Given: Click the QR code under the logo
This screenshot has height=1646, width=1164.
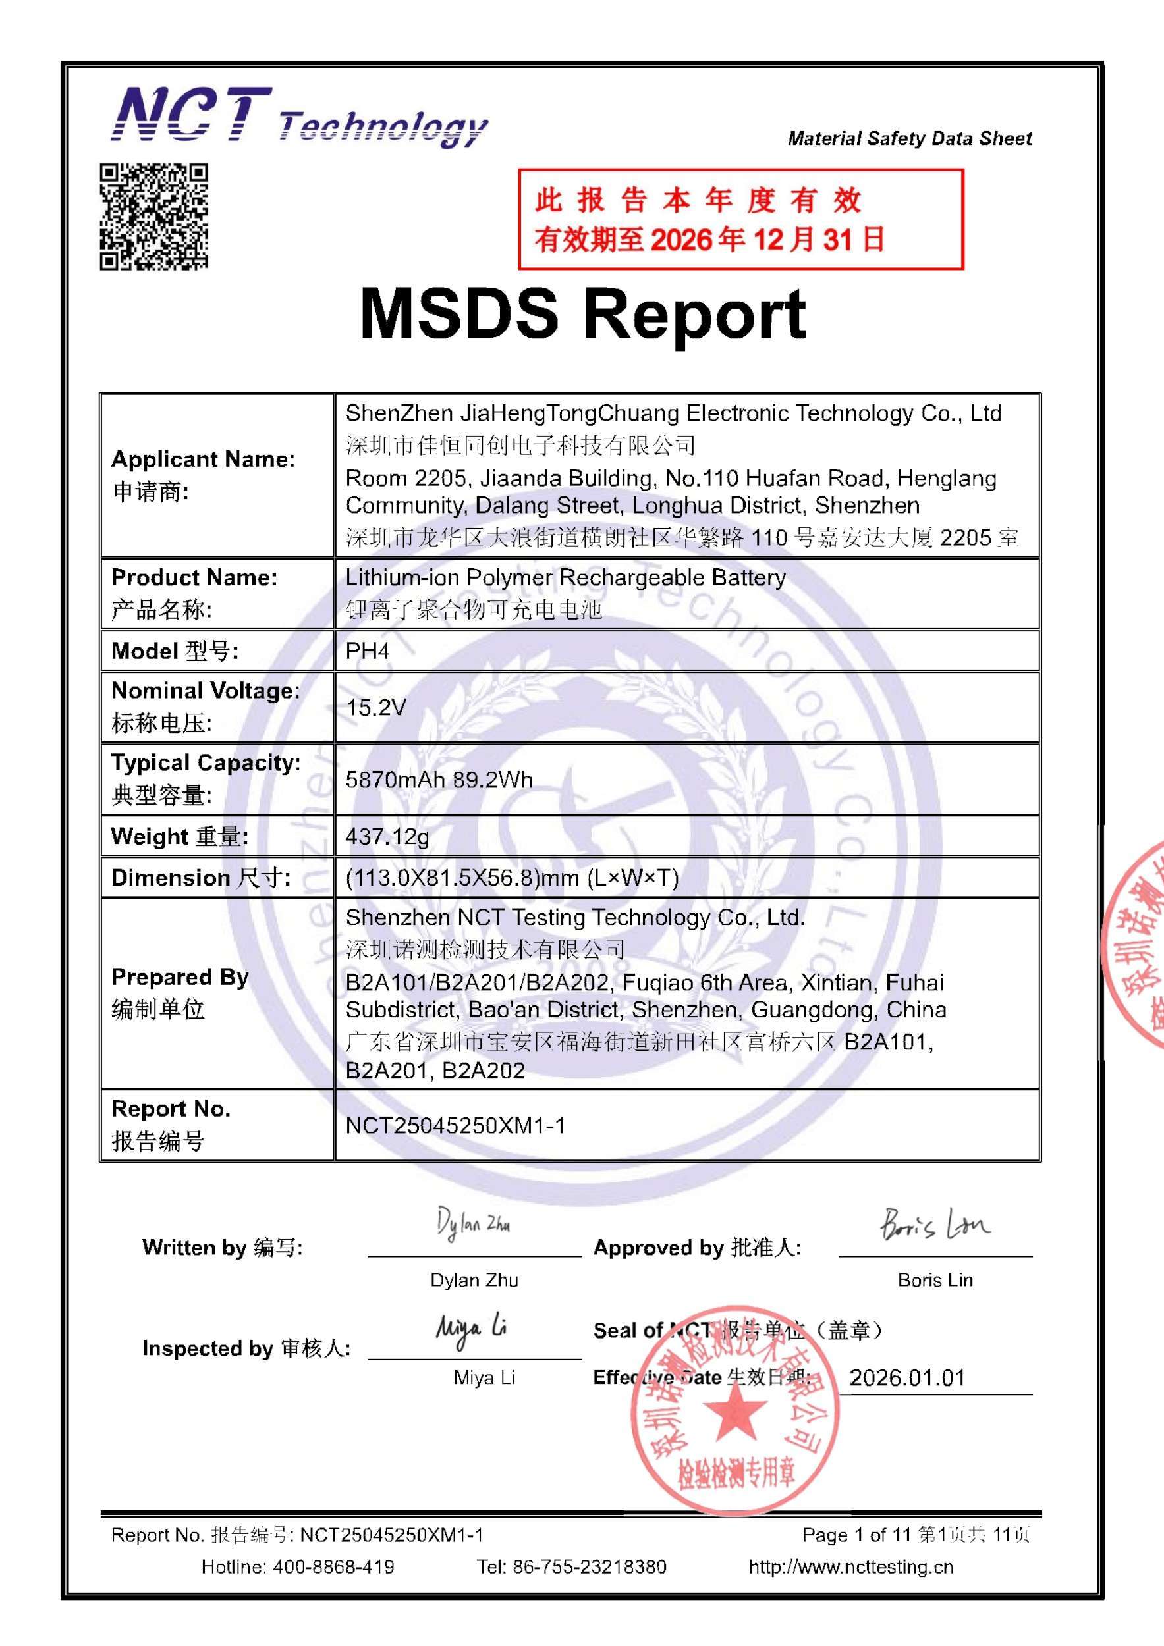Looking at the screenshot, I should (x=153, y=217).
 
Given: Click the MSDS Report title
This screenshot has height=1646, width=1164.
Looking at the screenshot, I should (x=582, y=314).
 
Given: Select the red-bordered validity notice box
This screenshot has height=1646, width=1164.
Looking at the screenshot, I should (x=740, y=219).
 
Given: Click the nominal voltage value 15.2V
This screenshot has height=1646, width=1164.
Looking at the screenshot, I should (x=375, y=708).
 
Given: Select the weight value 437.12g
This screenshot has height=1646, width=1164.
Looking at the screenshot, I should (x=387, y=836).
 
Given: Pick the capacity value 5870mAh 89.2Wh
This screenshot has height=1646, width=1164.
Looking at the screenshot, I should (x=439, y=780).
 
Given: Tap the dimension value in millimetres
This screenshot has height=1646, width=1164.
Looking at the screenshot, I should (x=512, y=878).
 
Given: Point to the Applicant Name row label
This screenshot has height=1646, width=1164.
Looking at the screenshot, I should (x=203, y=475).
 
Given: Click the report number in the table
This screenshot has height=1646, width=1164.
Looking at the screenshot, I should (x=455, y=1125).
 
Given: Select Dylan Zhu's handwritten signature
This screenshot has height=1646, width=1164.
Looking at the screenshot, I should (x=474, y=1224).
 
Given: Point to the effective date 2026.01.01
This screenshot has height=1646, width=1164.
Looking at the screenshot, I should (x=907, y=1378).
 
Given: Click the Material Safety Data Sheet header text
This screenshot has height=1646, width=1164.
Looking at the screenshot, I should (x=910, y=138).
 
